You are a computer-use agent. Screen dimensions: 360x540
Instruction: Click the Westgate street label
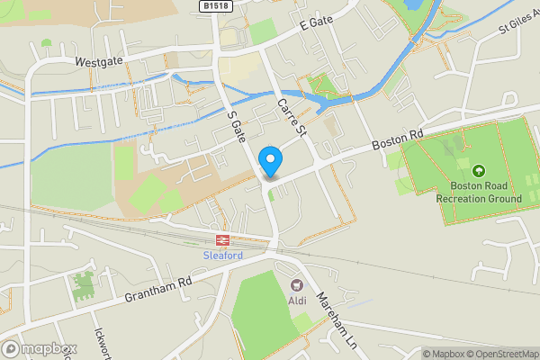coord(98,64)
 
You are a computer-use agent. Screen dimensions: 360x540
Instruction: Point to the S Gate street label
coord(237,130)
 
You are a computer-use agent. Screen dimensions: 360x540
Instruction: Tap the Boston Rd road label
coord(398,138)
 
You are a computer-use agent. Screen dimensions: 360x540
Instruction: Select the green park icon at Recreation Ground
coord(478,170)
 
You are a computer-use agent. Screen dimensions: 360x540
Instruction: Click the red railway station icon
coord(221,240)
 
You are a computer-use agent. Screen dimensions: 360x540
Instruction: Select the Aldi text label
coord(298,300)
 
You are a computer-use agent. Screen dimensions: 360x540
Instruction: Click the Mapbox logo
coord(39,348)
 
